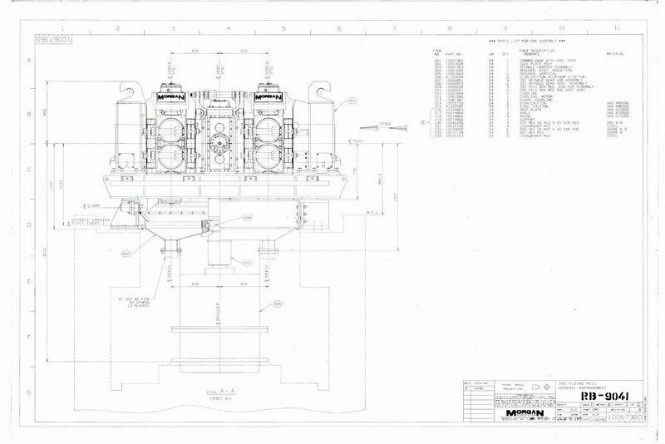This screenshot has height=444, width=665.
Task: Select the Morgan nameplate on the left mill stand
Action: pyautogui.click(x=171, y=96)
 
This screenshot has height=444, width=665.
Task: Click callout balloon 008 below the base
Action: pyautogui.click(x=246, y=218)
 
